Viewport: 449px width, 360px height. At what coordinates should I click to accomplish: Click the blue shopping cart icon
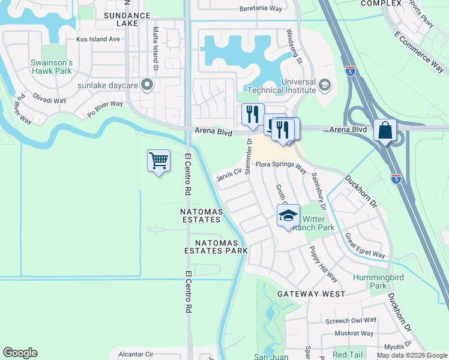pyautogui.click(x=158, y=161)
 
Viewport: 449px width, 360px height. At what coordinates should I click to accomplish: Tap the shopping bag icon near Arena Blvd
pyautogui.click(x=385, y=130)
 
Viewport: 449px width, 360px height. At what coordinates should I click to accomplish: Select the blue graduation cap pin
pyautogui.click(x=288, y=215)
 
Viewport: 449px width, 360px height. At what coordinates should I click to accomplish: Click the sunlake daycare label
pyautogui.click(x=108, y=85)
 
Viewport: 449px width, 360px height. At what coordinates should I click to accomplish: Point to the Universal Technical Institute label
pyautogui.click(x=290, y=86)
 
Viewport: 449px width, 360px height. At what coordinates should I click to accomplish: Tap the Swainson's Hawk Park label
pyautogui.click(x=52, y=67)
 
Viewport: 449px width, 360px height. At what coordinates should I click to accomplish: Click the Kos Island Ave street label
pyautogui.click(x=98, y=39)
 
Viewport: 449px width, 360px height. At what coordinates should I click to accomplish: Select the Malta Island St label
pyautogui.click(x=155, y=49)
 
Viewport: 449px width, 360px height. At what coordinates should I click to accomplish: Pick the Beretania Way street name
pyautogui.click(x=261, y=9)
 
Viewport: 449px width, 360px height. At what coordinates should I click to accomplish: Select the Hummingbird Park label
pyautogui.click(x=370, y=281)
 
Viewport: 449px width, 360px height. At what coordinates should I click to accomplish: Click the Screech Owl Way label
pyautogui.click(x=351, y=321)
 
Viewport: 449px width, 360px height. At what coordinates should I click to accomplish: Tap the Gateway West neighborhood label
pyautogui.click(x=311, y=294)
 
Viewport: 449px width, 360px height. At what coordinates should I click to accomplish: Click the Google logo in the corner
pyautogui.click(x=20, y=353)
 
